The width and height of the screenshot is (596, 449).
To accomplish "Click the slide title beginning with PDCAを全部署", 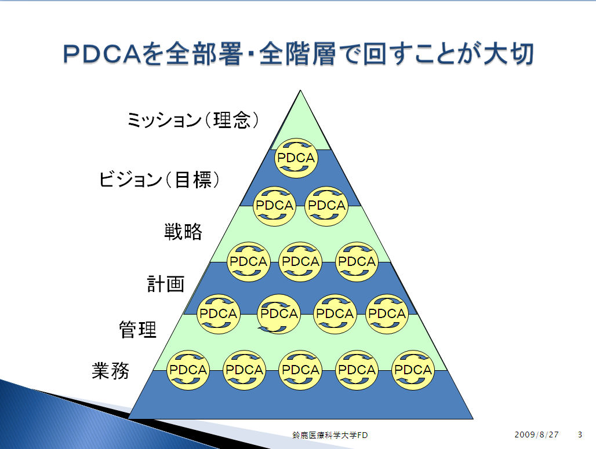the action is point(299,53).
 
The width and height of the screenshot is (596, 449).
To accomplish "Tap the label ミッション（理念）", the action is point(193,121).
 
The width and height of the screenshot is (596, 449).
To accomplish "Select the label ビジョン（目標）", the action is point(159,179).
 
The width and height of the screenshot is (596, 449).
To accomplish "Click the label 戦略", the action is point(183,231).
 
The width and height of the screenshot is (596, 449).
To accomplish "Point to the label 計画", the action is point(166,284).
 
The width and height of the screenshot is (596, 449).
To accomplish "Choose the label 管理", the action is point(137,329).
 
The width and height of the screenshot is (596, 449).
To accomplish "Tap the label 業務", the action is point(111,370).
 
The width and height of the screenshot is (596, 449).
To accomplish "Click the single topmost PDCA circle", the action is point(296,158).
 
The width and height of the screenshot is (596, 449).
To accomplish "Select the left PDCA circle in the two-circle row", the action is point(274,206).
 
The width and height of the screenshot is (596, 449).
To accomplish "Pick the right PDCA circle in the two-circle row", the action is point(326,206).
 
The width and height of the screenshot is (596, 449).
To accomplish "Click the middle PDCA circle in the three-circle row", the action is point(300,262).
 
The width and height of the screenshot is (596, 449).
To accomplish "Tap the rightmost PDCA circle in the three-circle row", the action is point(357,262).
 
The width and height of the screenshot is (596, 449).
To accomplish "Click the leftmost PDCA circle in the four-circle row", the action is point(218,314).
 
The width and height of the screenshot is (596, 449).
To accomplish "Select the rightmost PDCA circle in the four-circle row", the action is point(387,314).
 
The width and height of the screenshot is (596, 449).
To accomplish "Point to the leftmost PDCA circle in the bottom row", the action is point(188,370).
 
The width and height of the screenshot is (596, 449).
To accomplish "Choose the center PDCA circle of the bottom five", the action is point(300,370).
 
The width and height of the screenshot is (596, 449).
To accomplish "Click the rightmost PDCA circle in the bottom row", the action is point(413,370).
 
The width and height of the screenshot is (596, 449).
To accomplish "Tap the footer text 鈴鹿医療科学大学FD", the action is point(330,435).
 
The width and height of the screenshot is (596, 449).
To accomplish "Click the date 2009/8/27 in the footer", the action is point(537,435).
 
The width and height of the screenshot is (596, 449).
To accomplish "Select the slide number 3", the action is point(580,435).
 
